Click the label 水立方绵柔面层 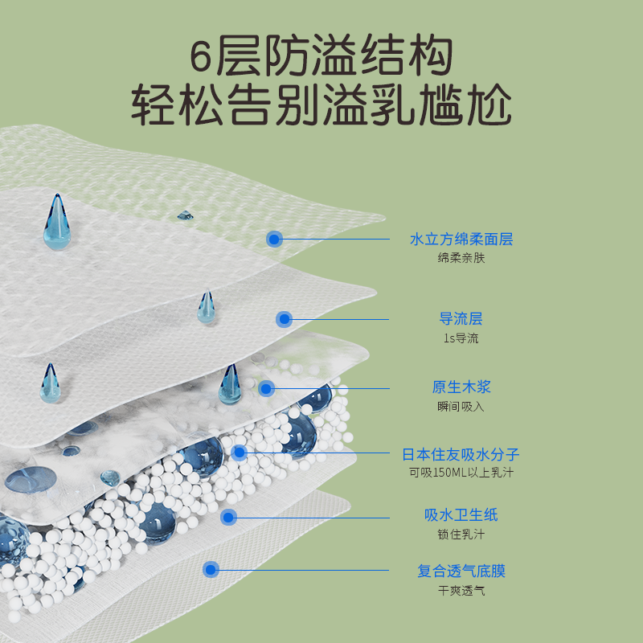point(461,239)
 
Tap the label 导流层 point(461,319)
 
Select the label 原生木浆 point(461,387)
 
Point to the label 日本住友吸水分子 point(461,454)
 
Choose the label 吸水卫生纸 point(461,515)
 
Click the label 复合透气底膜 point(461,571)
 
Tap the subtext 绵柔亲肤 point(461,258)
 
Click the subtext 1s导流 point(461,338)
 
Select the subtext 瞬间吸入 point(461,407)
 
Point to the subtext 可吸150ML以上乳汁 point(461,473)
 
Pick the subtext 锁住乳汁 point(461,534)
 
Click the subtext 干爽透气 point(461,591)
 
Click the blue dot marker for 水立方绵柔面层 point(275,239)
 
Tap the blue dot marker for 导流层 point(283,319)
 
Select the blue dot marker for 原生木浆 point(267,388)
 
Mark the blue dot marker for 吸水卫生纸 point(228,518)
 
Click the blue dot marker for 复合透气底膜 point(211,570)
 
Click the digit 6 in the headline point(201,58)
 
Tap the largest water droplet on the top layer point(56,225)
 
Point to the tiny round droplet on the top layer point(185,215)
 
